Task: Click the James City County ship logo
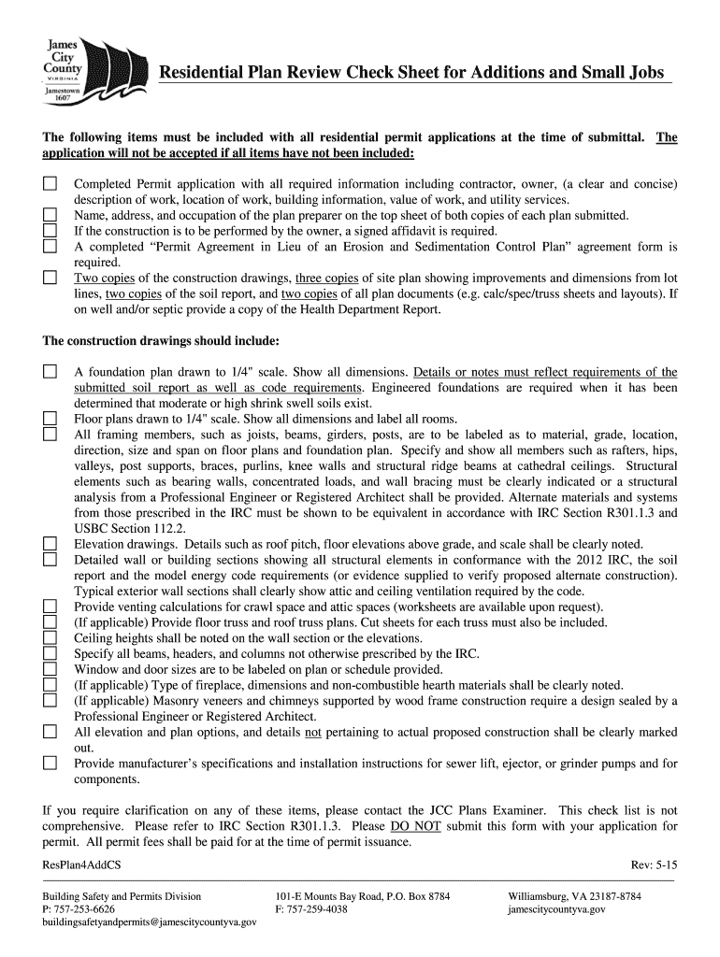point(90,68)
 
